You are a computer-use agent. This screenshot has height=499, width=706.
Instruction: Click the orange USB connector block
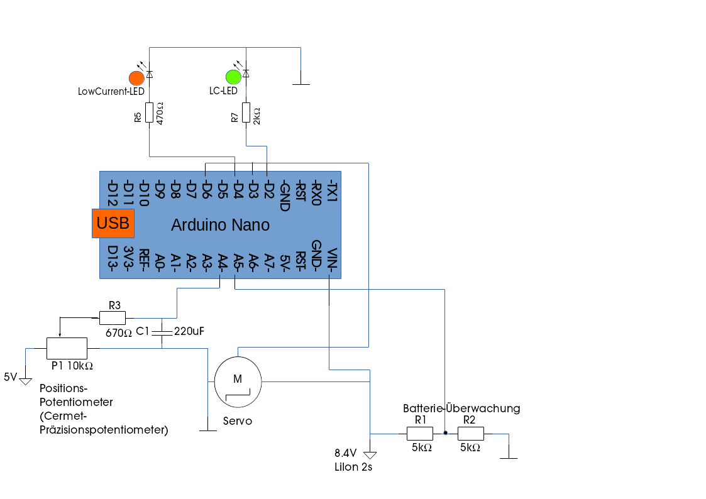pos(113,223)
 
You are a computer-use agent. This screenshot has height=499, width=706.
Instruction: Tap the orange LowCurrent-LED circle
pos(136,78)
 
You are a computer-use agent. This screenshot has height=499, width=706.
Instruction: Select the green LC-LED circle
pos(233,77)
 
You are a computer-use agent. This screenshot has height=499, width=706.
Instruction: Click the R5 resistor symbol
pos(150,112)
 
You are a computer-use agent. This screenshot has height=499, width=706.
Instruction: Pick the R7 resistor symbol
pos(246,112)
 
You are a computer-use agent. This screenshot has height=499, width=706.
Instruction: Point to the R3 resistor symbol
pos(113,318)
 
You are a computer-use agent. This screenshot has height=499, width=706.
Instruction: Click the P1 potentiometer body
pos(67,347)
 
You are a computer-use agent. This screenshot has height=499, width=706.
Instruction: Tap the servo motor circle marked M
pos(238,380)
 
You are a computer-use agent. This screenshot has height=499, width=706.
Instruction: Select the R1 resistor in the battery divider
pos(420,434)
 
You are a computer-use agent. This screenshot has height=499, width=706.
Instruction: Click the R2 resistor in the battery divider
pos(470,434)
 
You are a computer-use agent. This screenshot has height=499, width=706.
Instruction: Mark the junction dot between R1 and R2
pos(445,434)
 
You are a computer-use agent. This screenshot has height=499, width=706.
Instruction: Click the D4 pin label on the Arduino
pos(238,190)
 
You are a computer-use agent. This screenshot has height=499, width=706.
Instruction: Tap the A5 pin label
pos(238,260)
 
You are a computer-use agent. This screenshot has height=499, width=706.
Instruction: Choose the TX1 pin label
pos(333,190)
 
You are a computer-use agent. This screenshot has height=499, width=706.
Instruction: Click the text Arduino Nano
pos(220,225)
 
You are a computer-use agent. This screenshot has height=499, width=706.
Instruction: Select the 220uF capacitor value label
pos(190,331)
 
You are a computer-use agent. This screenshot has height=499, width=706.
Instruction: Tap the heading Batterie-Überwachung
pos(461,409)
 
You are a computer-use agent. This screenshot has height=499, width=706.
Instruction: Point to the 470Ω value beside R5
pos(160,114)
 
